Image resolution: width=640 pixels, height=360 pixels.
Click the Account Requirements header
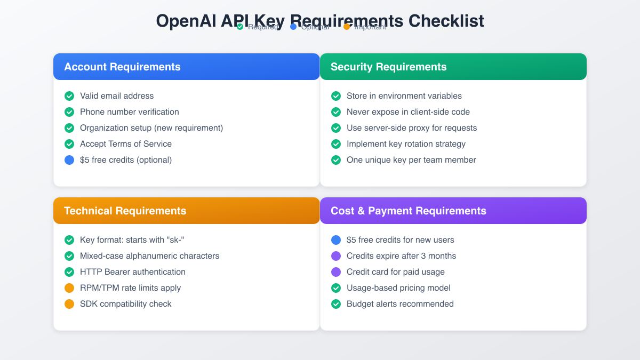coord(122,67)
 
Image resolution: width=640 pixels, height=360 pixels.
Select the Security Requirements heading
coord(388,67)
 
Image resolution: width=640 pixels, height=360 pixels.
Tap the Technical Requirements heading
coord(125,211)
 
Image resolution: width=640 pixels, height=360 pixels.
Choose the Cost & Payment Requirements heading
coord(408,211)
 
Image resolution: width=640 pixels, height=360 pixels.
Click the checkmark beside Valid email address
coord(69,96)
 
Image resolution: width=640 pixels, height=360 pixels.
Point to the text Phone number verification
coord(129,112)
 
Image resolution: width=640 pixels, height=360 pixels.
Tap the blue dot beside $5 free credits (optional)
coord(69,160)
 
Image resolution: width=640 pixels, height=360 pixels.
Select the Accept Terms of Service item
coord(125,144)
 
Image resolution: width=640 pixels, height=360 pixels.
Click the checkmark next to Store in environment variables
coord(336,96)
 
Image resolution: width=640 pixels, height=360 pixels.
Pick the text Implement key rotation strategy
coord(406,144)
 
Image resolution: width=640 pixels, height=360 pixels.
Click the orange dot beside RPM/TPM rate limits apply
coord(69,288)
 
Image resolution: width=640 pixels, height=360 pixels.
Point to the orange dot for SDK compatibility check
coord(69,304)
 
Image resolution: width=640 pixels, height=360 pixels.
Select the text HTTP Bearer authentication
coord(132,272)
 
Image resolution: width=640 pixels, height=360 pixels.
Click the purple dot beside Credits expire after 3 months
coord(336,256)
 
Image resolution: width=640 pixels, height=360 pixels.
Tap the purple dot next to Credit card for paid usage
coord(336,272)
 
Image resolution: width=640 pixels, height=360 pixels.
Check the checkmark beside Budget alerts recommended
coord(336,304)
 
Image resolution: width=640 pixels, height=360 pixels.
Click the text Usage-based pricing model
coord(398,288)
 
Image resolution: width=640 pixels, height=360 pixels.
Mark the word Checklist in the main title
coord(446,21)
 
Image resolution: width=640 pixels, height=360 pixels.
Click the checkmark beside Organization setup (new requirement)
coord(69,128)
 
